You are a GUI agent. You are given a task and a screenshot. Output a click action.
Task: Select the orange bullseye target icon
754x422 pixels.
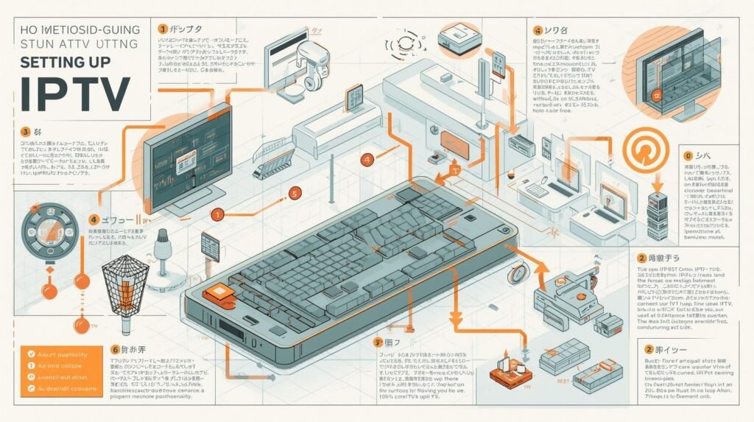[x=644, y=150]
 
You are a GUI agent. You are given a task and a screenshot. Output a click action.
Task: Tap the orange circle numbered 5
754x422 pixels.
[x=294, y=194]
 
